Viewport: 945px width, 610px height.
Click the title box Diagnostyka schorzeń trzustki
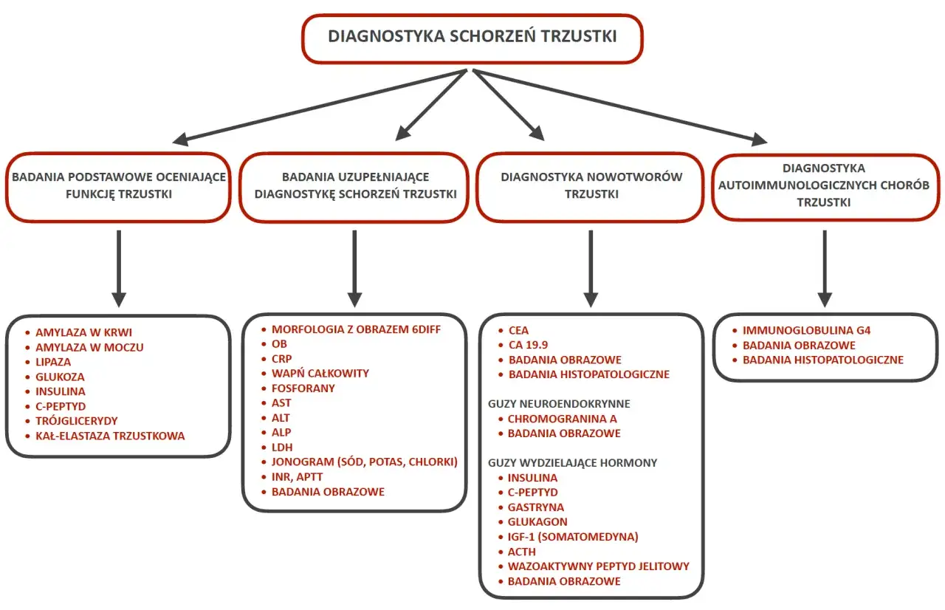point(472,36)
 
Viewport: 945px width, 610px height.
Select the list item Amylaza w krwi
point(83,332)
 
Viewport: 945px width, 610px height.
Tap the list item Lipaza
point(53,362)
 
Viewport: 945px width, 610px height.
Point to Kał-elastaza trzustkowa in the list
point(110,436)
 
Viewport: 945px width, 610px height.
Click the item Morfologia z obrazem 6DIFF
point(356,329)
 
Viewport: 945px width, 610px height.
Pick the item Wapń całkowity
point(320,374)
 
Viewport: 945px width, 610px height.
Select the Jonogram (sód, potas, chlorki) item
point(365,462)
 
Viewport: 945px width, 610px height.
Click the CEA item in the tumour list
point(518,330)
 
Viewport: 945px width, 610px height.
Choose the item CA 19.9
point(528,345)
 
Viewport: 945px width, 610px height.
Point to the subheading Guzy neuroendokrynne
point(559,404)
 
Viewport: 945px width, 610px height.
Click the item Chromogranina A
point(562,419)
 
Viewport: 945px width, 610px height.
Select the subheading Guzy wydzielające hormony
point(572,463)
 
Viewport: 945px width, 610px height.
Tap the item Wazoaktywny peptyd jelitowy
point(598,566)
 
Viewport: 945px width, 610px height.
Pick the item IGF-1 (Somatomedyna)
point(573,537)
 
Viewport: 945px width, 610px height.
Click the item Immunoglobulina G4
point(806,330)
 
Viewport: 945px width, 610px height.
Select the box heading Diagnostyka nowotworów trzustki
point(591,185)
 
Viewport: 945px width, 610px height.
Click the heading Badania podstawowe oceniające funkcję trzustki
point(118,185)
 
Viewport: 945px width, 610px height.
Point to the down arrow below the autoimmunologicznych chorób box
point(825,270)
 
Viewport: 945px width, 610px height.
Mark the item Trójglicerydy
point(76,421)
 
